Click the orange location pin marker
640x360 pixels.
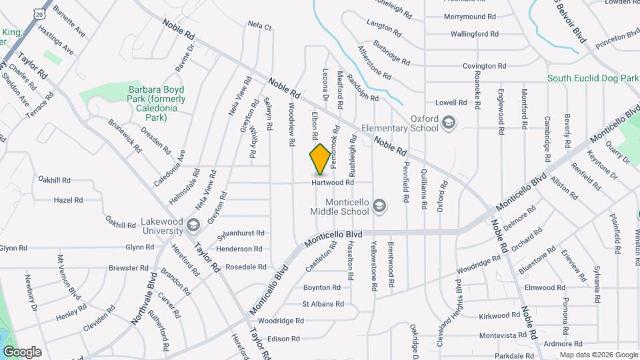[x=320, y=159]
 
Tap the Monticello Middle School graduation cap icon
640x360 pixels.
[x=379, y=205]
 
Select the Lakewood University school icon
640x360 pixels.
[x=193, y=225]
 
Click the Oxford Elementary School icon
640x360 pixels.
[x=449, y=122]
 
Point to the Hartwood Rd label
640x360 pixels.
[x=332, y=182]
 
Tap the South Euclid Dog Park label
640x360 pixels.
[x=593, y=78]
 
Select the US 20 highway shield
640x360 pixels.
[x=40, y=13]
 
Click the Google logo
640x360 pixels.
[x=21, y=351]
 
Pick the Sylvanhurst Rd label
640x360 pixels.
[x=241, y=233]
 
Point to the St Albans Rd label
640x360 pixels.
[x=323, y=304]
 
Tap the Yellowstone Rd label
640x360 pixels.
[x=374, y=265]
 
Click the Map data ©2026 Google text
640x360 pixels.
[x=598, y=354]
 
